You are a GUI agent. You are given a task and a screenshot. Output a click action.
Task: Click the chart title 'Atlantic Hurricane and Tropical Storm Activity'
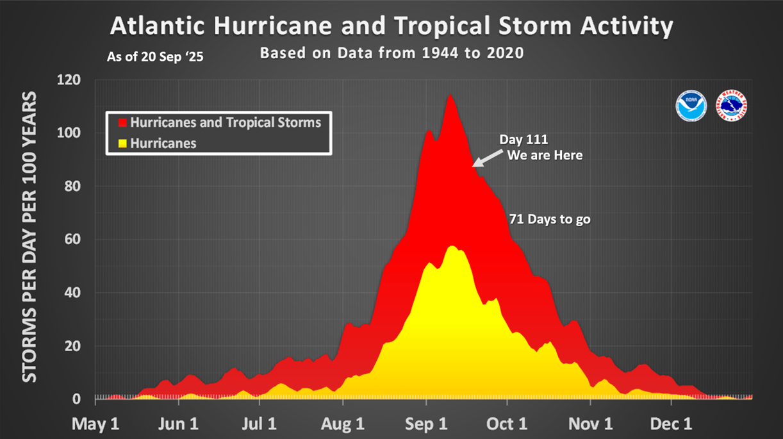tap(391, 26)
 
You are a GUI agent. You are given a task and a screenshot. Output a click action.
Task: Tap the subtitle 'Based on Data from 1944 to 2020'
tap(391, 53)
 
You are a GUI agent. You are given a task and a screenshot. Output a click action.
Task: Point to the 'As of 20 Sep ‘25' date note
tap(156, 56)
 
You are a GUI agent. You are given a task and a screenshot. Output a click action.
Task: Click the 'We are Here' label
tap(545, 155)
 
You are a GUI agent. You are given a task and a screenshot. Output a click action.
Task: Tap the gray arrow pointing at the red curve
tap(486, 157)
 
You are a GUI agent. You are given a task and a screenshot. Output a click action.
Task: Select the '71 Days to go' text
tap(549, 219)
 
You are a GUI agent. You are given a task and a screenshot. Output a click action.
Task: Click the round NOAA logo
tap(691, 106)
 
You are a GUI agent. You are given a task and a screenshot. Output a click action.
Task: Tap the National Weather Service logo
tap(731, 106)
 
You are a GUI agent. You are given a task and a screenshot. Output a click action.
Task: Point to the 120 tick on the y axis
tap(69, 80)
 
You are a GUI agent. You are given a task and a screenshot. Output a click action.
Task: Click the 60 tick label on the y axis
tap(72, 240)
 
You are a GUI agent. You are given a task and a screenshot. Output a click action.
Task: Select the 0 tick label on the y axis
tap(76, 399)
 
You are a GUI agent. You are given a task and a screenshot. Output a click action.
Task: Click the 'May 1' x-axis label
tap(96, 424)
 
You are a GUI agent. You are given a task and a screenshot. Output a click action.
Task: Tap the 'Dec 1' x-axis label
tap(672, 424)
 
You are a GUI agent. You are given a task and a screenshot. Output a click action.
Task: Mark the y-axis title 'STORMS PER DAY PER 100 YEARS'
tap(30, 237)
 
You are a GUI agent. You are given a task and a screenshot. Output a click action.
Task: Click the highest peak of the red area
tap(450, 95)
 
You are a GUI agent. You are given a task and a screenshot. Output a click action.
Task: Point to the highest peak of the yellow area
tap(452, 247)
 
